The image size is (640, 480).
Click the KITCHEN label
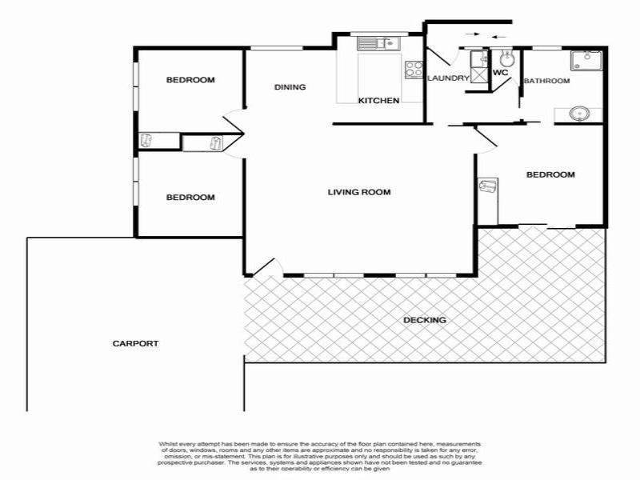point(378,101)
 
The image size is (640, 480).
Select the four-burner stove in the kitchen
point(414,70)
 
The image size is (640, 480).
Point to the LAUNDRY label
point(447,78)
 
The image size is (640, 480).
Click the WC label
point(501,73)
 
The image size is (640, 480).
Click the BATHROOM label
point(546,81)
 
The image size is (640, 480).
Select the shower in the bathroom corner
point(586,61)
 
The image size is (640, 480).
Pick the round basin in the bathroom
point(580,114)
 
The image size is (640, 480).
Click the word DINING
point(290,87)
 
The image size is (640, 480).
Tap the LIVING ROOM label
point(359,192)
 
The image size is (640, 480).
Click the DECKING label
point(425,320)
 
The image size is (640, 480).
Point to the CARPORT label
point(135,343)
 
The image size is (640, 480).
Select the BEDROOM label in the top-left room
point(190,80)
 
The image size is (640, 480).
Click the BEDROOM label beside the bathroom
point(550,174)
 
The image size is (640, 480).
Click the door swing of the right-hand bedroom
point(485,138)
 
